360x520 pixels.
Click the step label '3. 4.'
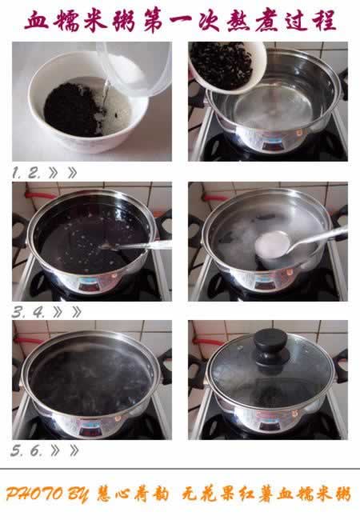(x=29, y=312)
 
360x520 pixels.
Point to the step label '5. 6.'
(x=29, y=450)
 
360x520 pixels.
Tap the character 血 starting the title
(x=38, y=20)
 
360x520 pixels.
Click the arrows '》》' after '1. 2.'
(x=65, y=173)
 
